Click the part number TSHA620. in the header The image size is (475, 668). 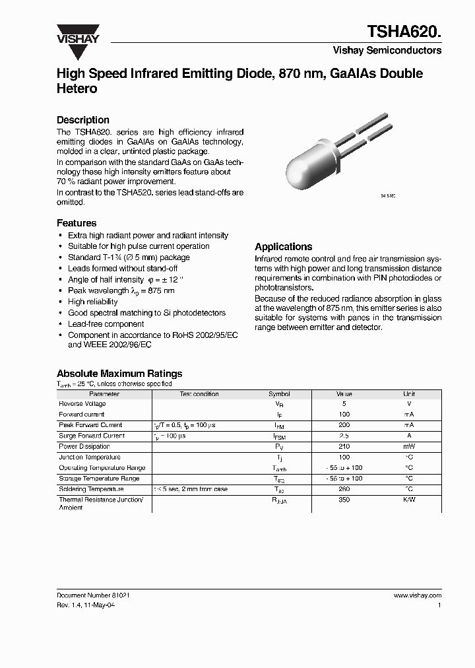[406, 30]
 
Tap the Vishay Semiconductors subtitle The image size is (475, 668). [397, 50]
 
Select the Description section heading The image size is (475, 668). [82, 120]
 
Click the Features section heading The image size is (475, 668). [77, 223]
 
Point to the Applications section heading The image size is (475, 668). [283, 246]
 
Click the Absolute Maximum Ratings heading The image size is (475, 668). [119, 374]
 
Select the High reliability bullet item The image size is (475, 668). [93, 302]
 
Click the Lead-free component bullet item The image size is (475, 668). [106, 324]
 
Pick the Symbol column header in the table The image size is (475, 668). [279, 394]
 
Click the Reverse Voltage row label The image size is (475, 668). [82, 404]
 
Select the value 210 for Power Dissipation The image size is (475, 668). [344, 447]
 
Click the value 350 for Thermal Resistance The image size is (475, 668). [344, 501]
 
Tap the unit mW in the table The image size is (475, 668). [409, 447]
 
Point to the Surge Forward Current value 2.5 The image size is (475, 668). [344, 436]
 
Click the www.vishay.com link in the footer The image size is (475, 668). [417, 595]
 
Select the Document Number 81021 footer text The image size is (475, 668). [93, 595]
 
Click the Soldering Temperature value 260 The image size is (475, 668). [344, 490]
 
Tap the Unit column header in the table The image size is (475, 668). [409, 394]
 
